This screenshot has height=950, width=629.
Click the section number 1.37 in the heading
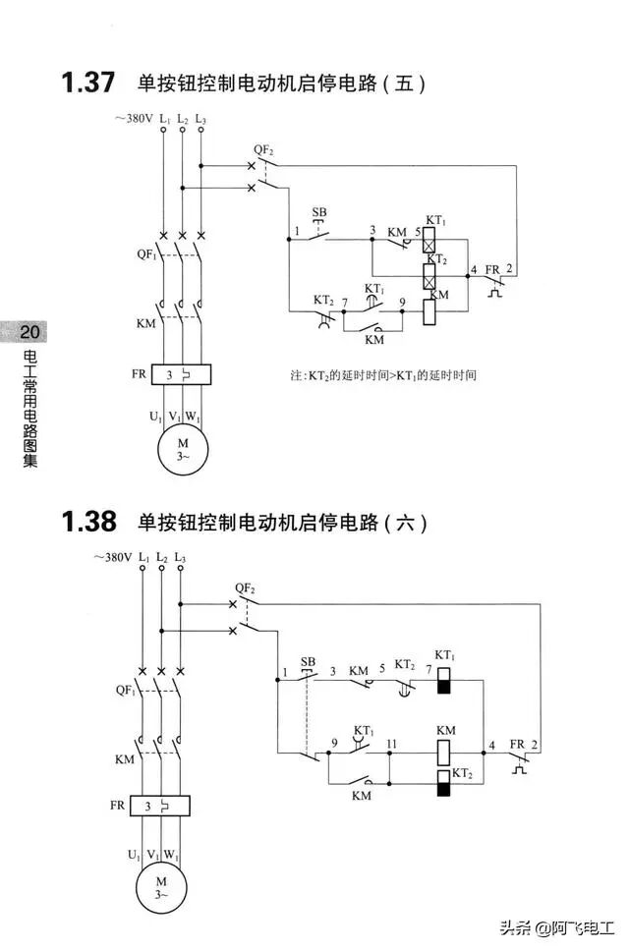point(87,83)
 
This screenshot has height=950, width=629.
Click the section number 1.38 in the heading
point(87,521)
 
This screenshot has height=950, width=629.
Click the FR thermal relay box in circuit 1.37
point(183,374)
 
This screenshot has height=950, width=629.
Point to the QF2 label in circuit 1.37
point(262,149)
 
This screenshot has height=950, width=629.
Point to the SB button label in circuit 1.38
point(309,662)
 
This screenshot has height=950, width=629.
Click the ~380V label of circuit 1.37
point(134,119)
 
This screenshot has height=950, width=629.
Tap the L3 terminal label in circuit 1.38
point(181,558)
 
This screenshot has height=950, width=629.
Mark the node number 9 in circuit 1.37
point(402,301)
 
